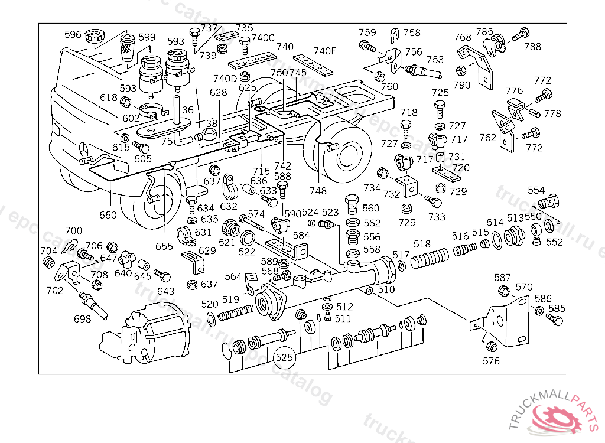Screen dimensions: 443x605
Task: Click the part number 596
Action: point(73,35)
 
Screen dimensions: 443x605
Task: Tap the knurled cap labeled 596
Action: point(93,35)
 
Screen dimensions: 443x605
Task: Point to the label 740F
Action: point(324,51)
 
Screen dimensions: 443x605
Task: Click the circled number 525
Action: point(284,357)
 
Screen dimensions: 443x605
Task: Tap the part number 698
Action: point(83,319)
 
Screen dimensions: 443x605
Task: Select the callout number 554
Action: point(536,190)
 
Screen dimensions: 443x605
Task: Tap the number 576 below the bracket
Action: point(491,360)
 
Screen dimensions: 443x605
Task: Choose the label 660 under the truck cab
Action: point(108,215)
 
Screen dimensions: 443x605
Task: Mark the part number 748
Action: point(318,191)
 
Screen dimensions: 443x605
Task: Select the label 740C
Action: point(263,38)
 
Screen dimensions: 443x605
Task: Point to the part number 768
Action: point(463,37)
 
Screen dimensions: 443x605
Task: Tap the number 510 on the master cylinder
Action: point(386,289)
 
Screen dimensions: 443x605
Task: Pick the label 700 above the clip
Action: point(74,230)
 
